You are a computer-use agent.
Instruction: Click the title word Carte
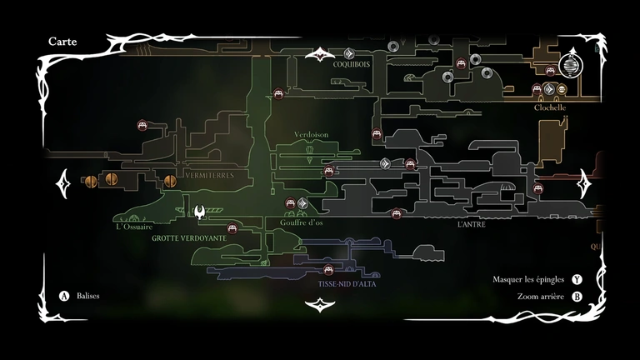click(63, 40)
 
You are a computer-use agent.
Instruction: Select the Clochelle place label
click(550, 107)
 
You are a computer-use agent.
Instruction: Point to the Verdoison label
click(312, 134)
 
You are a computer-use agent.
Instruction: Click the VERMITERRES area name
click(210, 176)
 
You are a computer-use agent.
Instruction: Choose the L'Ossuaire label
click(134, 226)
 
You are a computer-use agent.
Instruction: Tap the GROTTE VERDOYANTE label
click(189, 237)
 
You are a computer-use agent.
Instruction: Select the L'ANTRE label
click(471, 224)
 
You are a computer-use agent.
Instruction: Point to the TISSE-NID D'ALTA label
click(347, 284)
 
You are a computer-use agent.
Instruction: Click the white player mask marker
click(200, 213)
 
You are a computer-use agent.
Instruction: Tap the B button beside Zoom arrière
click(577, 296)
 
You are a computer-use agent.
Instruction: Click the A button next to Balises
click(63, 296)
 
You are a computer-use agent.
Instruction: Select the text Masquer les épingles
click(528, 279)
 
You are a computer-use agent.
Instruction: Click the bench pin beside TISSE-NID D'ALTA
click(328, 269)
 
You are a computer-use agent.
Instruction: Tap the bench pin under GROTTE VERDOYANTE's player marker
click(233, 227)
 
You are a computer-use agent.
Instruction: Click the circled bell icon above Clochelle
click(572, 61)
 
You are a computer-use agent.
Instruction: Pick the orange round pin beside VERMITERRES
click(170, 180)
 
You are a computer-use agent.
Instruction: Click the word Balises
click(87, 296)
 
